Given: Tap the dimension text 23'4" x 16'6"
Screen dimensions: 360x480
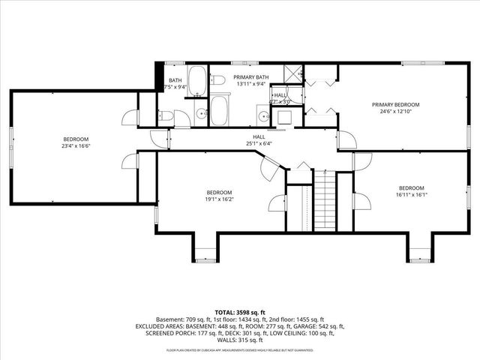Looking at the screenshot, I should coord(76,147).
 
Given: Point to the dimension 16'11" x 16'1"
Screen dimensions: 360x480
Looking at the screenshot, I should coord(412,195).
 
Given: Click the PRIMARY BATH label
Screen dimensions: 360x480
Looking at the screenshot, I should coord(250,77).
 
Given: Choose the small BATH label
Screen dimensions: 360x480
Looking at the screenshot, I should coord(175,80).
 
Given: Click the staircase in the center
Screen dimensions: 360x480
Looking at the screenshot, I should coord(324,200).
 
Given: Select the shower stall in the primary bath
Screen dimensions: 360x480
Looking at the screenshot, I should coord(293,74).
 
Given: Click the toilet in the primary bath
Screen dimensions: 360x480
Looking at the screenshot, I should coord(217,81).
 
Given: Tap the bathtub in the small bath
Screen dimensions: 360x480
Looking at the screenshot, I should coord(197,82).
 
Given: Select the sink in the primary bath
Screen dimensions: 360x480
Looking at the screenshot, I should coord(263,115).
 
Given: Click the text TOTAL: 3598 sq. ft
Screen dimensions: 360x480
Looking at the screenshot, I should coord(239,311).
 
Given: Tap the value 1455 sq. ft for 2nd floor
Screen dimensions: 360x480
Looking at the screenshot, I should coord(307,319).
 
